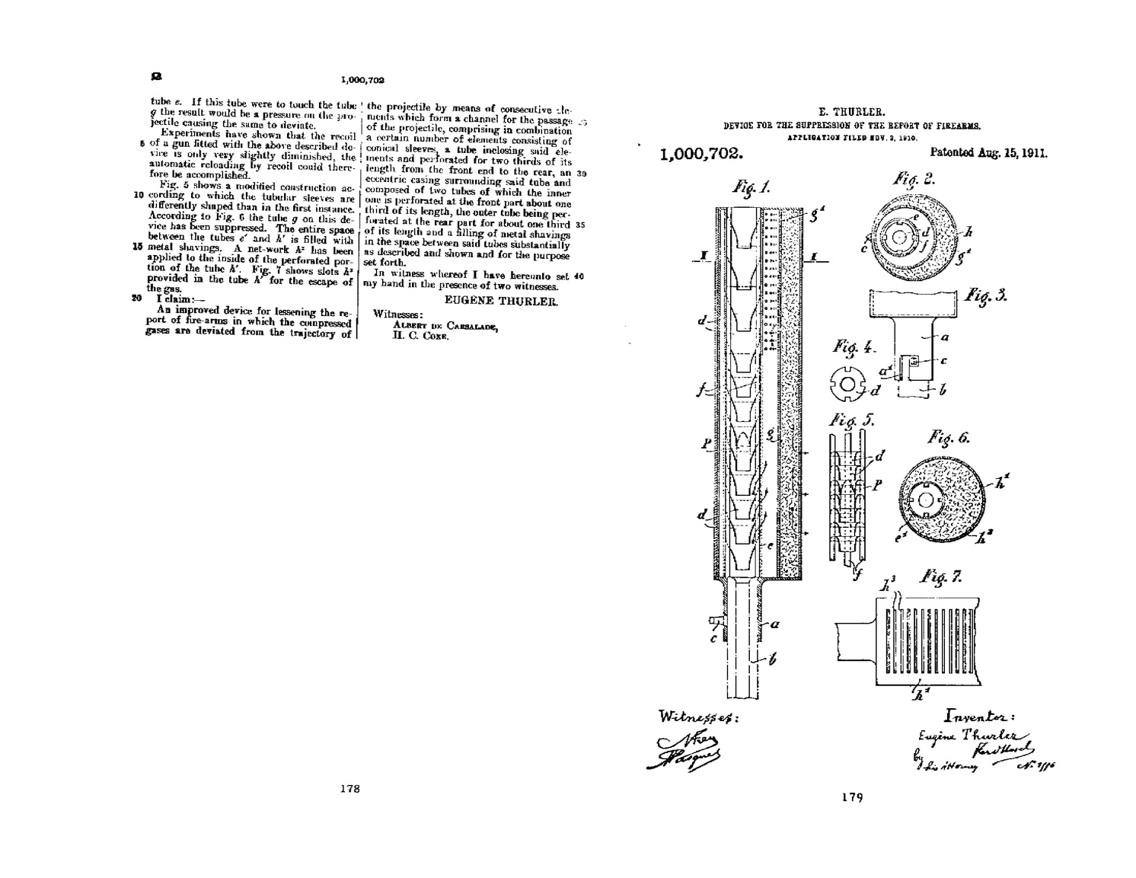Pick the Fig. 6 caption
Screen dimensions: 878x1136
click(948, 437)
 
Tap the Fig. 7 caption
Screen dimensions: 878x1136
click(941, 576)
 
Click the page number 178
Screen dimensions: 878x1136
click(349, 789)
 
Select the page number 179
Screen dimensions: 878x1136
click(852, 797)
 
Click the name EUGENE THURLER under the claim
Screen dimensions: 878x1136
click(501, 301)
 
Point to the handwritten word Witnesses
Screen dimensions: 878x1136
click(697, 717)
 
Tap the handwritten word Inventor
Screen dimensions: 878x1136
click(979, 715)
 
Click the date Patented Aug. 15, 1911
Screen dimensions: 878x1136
click(988, 152)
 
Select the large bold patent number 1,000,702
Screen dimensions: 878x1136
click(700, 154)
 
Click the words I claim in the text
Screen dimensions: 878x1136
click(175, 299)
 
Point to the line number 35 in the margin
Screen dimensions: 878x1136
click(580, 225)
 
